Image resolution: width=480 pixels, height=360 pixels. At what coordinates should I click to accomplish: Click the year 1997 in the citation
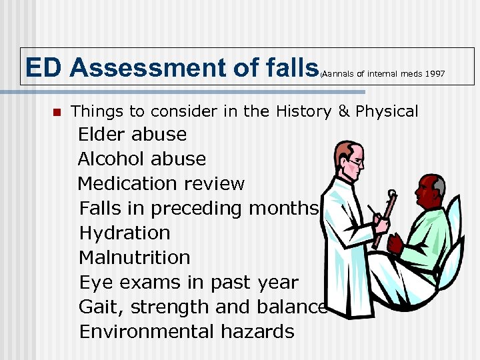[434, 73]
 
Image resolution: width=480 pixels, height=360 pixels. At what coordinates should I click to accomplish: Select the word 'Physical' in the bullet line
[387, 111]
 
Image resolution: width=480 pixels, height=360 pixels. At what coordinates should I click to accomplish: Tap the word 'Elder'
[102, 134]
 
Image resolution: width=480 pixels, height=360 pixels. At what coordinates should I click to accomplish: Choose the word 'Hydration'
[125, 233]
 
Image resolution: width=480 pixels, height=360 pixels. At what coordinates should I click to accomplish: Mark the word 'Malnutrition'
[135, 257]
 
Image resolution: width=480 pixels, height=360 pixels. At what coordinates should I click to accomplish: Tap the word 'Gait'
[101, 307]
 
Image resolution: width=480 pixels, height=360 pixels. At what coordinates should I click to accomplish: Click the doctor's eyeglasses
[355, 162]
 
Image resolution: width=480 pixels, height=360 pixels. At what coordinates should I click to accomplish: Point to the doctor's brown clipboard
[385, 220]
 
